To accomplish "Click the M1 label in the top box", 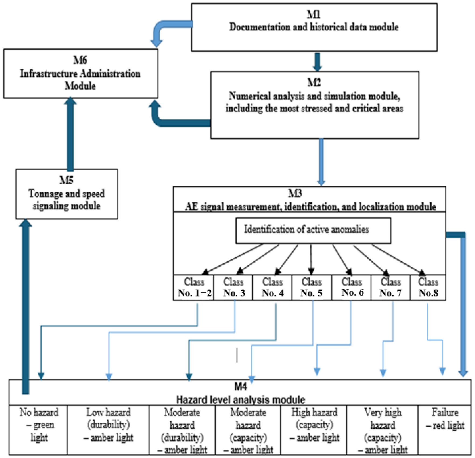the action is tap(314, 14).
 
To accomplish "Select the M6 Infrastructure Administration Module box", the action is tap(81, 73).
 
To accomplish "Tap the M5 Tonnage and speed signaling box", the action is tap(67, 194).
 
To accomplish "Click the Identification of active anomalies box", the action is tap(313, 231).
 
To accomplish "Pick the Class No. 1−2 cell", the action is tap(194, 287).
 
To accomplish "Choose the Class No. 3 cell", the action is tap(233, 287).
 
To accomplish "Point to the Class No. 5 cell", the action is tap(312, 287).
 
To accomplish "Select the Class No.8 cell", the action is tap(428, 287).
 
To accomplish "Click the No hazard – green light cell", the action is tap(38, 430).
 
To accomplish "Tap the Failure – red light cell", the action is tap(445, 430).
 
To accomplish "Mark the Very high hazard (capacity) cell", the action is tap(382, 430).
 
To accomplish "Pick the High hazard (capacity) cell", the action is tap(314, 430).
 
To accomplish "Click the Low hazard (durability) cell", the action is tap(108, 430).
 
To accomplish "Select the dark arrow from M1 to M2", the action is tap(317, 62).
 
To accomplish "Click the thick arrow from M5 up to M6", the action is tap(70, 134).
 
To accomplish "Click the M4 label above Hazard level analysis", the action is tap(240, 387).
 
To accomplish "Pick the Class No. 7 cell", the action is tap(391, 287).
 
